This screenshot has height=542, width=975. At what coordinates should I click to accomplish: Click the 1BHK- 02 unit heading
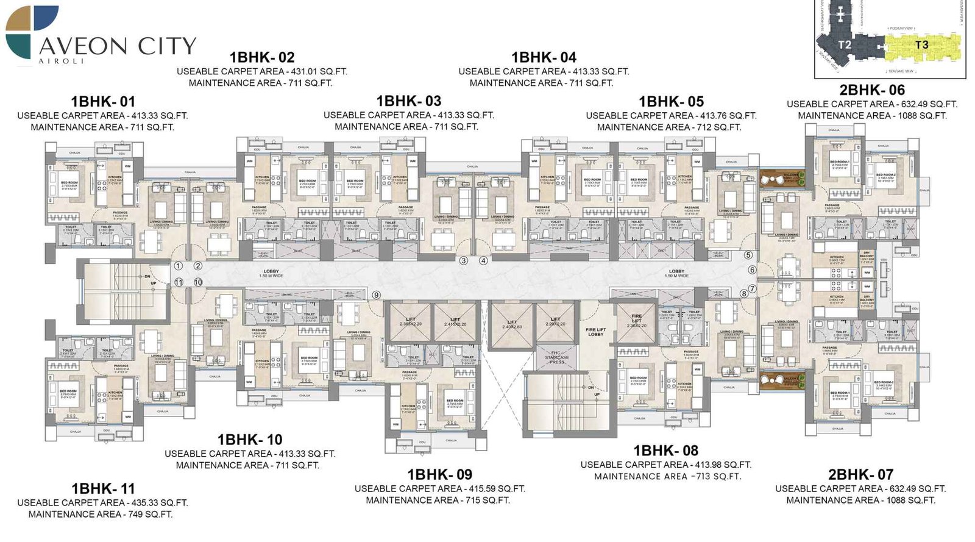click(x=262, y=57)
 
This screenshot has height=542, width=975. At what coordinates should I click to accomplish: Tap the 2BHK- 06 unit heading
click(x=872, y=90)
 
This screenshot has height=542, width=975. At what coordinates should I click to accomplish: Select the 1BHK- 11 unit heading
click(x=103, y=488)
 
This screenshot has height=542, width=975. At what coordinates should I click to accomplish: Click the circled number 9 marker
click(x=377, y=295)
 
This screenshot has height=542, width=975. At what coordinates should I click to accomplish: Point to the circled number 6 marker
click(x=752, y=269)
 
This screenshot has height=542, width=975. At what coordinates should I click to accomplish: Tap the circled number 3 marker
click(x=464, y=260)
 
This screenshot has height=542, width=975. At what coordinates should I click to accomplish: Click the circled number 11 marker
click(x=179, y=282)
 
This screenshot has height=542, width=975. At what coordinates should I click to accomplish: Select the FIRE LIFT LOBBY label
click(x=595, y=332)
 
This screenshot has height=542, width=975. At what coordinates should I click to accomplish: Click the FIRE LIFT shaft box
click(x=636, y=321)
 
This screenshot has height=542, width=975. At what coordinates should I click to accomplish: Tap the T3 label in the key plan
click(x=921, y=45)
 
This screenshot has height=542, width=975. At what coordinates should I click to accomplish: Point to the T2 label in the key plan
click(x=844, y=45)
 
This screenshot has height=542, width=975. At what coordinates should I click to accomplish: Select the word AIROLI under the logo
click(x=61, y=61)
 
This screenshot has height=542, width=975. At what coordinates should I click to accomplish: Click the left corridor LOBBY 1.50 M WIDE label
click(x=271, y=273)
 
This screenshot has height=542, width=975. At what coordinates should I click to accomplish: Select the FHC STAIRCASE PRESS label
click(x=556, y=358)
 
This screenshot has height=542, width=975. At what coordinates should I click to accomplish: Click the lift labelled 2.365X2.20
click(x=411, y=321)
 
